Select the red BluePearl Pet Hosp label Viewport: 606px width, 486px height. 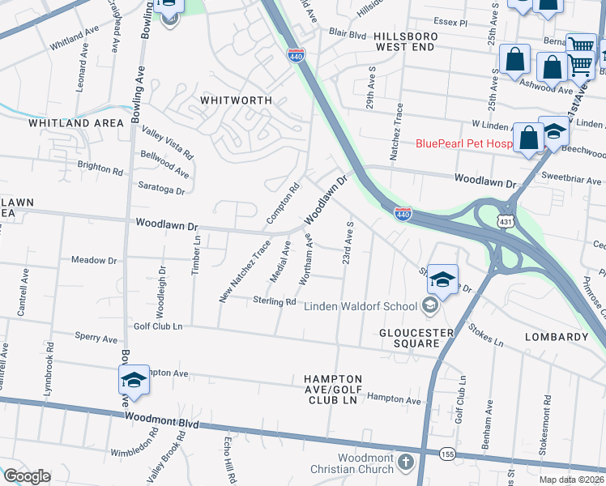[464, 144]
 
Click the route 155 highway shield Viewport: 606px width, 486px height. [447, 455]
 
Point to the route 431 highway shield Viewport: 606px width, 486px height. [505, 220]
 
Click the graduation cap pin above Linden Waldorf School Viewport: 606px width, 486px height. [442, 280]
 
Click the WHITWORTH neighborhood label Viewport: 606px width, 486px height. [236, 100]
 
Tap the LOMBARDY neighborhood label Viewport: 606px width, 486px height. [556, 336]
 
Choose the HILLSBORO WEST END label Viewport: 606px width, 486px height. [406, 43]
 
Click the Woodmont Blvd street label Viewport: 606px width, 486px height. [161, 420]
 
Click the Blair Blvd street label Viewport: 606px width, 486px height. [348, 34]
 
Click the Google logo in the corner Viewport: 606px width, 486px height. [27, 476]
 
